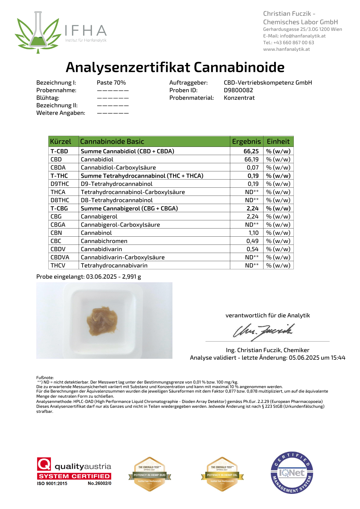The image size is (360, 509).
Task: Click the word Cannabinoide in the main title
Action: [239, 67]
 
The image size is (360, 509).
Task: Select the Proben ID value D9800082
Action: [238, 90]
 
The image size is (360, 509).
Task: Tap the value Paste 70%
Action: [111, 83]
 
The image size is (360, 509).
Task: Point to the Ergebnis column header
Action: [246, 141]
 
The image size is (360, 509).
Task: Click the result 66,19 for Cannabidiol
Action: [251, 159]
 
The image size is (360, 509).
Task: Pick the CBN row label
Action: [56, 233]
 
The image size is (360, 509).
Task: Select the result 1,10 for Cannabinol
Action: [254, 233]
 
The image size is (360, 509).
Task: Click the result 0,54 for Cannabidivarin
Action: [252, 249]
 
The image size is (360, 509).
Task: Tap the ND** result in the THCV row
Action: [252, 265]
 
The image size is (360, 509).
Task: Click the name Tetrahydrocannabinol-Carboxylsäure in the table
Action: [133, 192]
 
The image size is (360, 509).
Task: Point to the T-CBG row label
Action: [59, 208]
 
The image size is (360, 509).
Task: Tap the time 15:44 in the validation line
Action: [338, 358]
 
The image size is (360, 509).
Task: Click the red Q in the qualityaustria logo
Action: [44, 464]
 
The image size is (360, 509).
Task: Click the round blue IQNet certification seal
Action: [292, 473]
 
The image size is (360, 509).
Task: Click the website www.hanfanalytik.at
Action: [286, 49]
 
